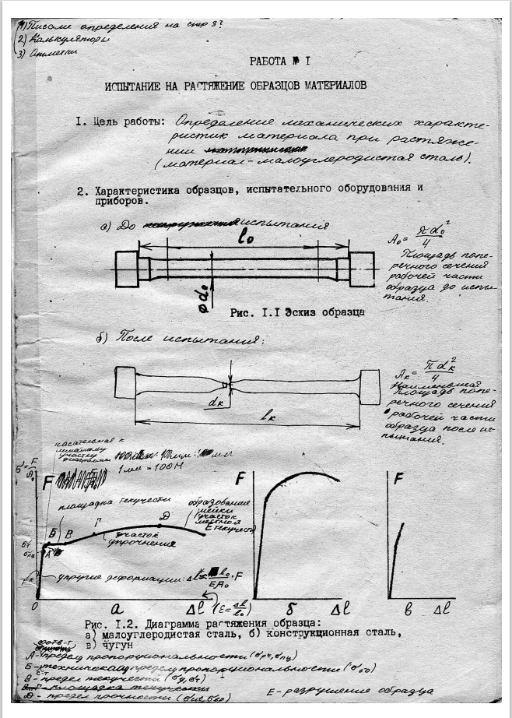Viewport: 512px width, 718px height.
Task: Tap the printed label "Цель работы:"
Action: coord(130,122)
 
